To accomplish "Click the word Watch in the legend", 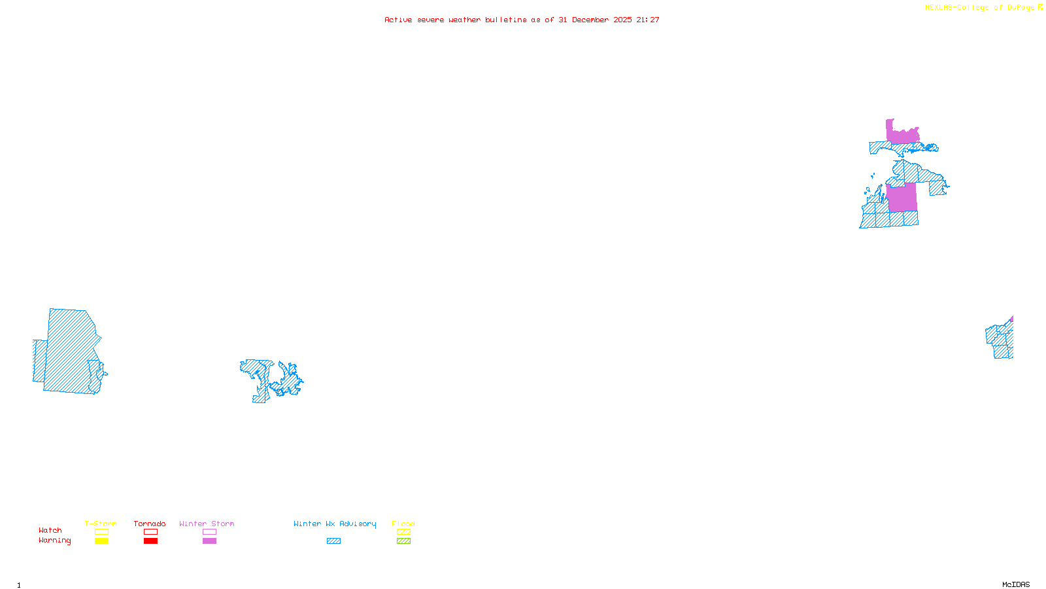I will pos(50,531).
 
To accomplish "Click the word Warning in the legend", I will pos(55,541).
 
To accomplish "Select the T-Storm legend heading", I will pos(101,524).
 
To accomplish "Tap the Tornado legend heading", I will pos(150,524).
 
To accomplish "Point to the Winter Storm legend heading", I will pos(207,524).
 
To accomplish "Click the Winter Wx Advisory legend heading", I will pos(335,524).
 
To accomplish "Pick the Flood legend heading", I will pos(403,524).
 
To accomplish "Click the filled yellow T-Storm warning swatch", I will pos(101,541).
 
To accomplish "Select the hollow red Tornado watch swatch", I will pos(150,532).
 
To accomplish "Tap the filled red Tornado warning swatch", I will pos(150,541).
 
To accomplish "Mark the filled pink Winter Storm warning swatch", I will pos(209,541).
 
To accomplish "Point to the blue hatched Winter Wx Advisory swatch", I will pos(333,541).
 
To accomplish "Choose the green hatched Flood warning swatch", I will pos(403,541).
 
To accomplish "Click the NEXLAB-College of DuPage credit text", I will pos(980,8).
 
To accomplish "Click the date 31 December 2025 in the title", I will pos(595,20).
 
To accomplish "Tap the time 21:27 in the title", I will pos(648,20).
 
